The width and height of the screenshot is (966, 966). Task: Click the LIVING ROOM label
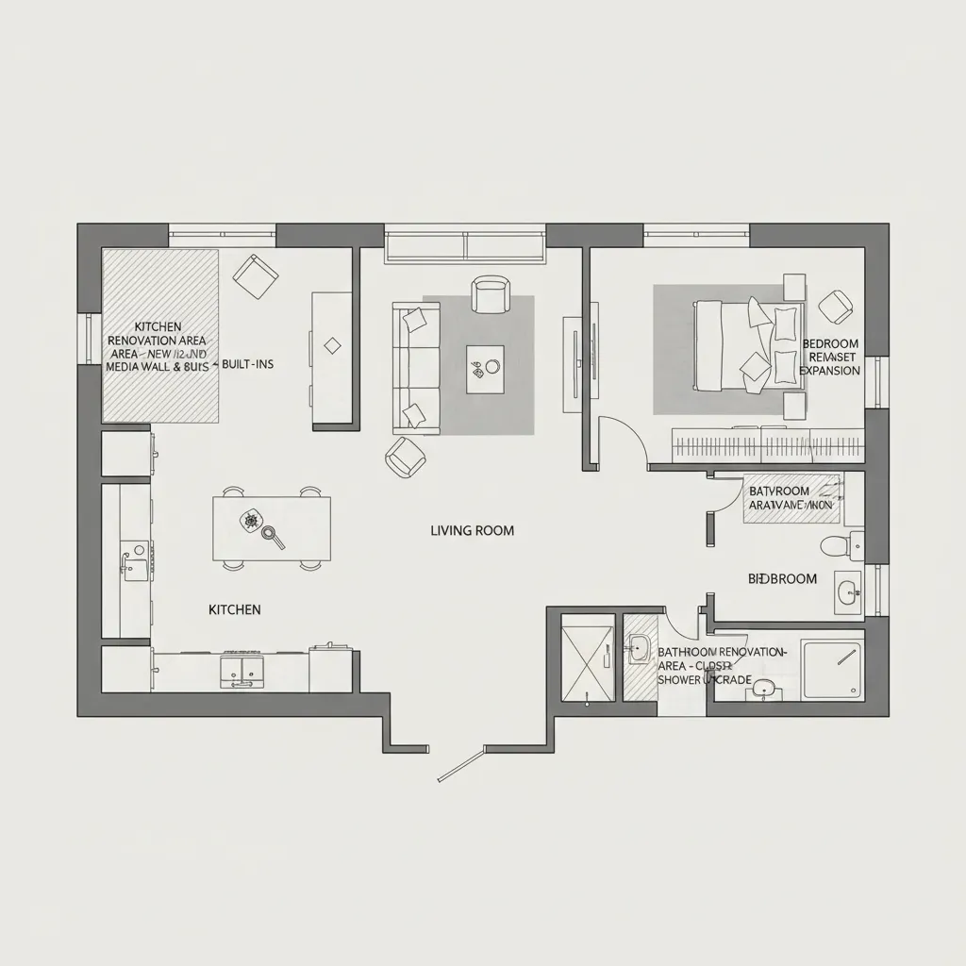point(472,531)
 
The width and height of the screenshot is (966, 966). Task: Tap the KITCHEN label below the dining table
point(234,610)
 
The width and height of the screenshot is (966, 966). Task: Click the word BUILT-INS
point(247,364)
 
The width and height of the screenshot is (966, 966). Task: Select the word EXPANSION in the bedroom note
point(829,371)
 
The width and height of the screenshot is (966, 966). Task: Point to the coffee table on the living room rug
point(485,370)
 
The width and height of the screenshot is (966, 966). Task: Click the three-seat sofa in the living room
point(416,369)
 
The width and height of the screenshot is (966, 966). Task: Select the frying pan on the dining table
point(273,536)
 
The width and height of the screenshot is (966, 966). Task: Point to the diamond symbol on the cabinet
point(332,346)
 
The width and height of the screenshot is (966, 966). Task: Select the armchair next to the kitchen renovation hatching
point(255,276)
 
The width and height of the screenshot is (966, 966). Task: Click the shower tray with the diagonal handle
point(831,669)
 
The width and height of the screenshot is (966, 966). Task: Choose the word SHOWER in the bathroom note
point(678,679)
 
